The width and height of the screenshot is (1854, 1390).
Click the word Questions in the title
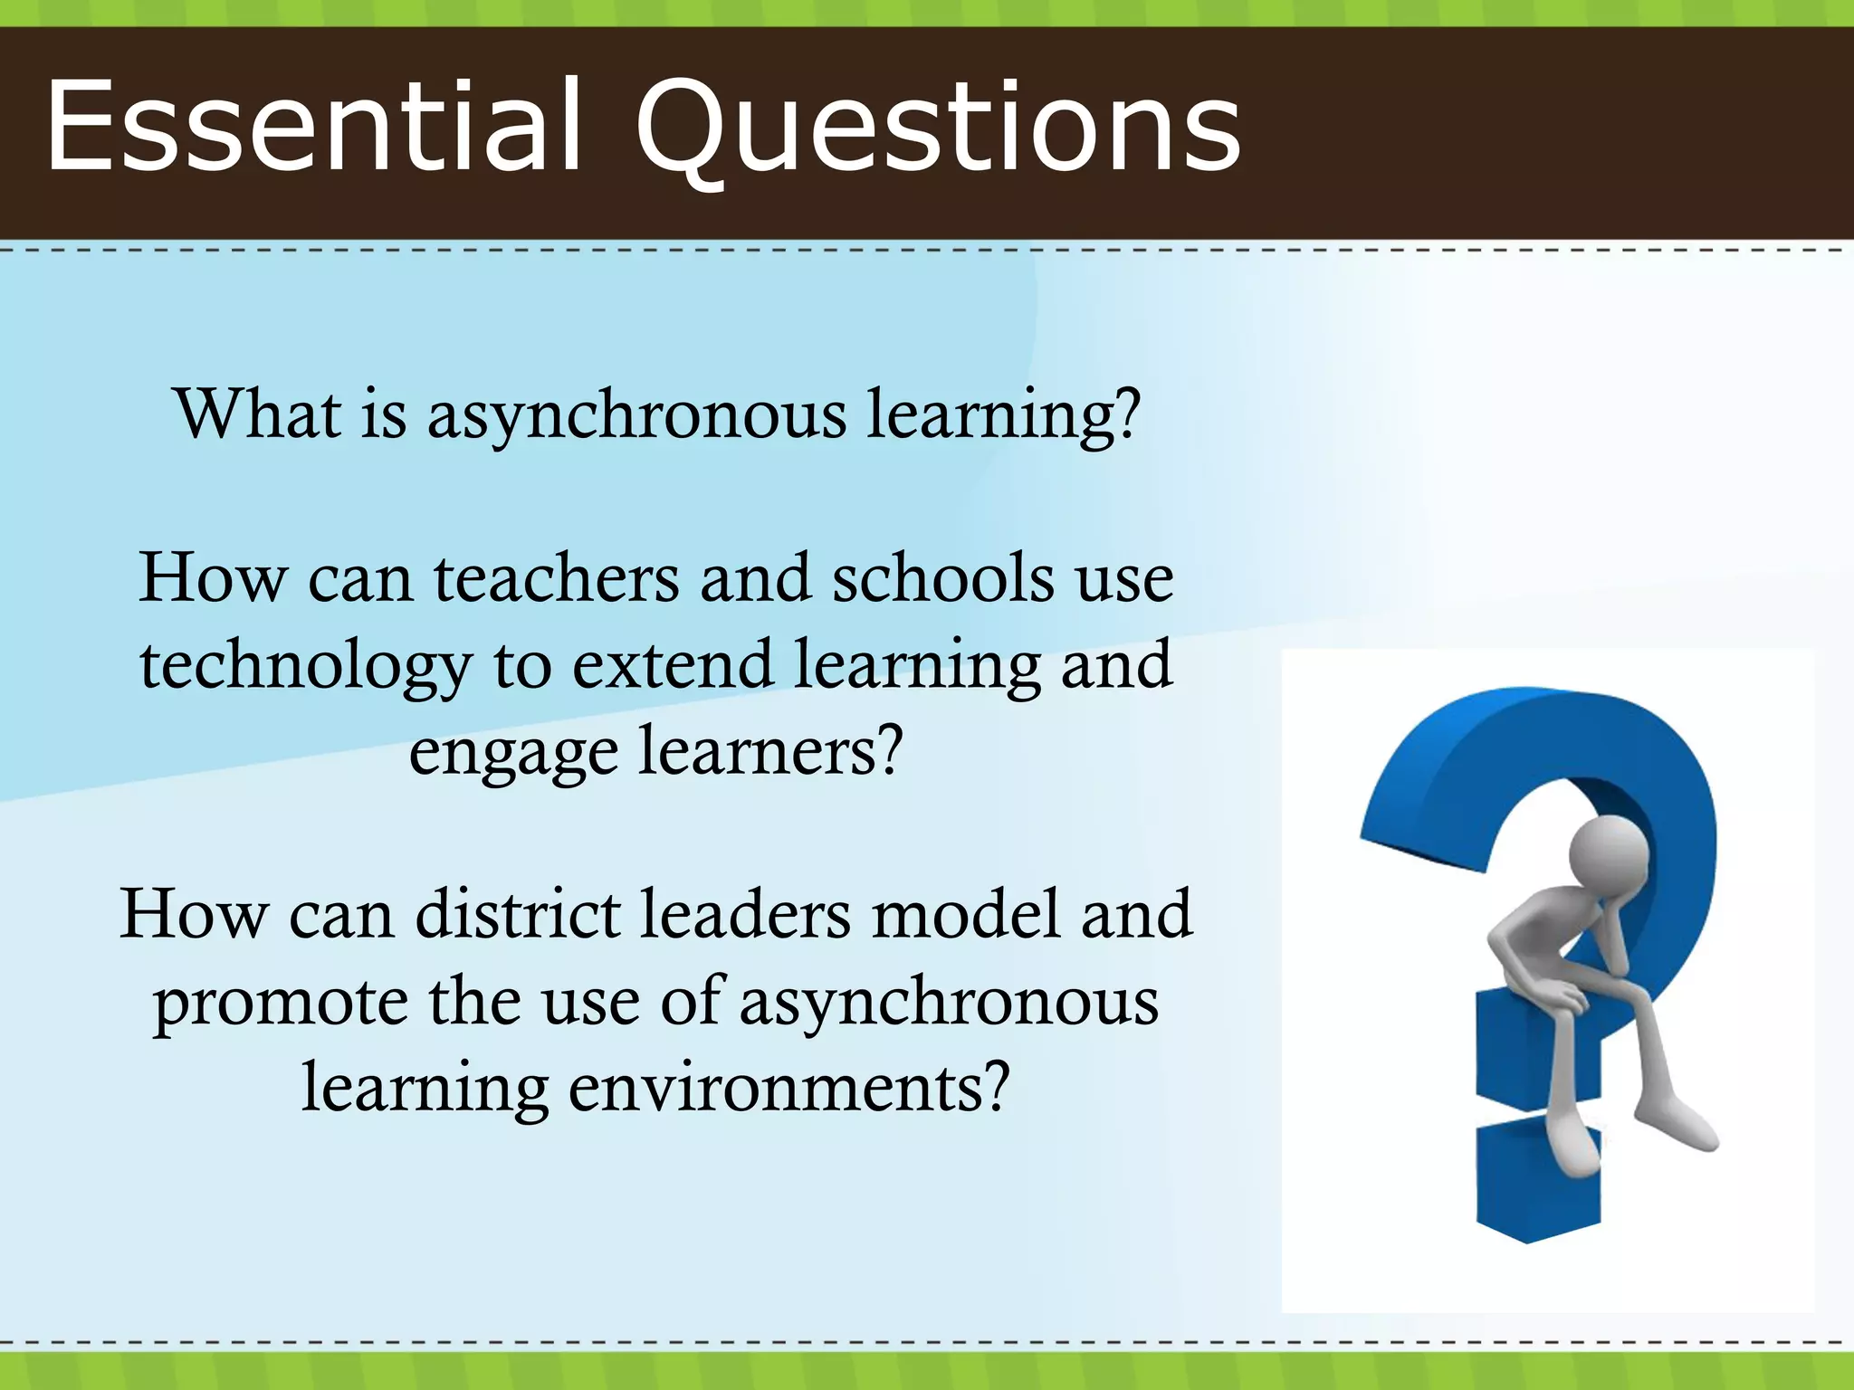[x=938, y=127]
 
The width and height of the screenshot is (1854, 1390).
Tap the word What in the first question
[x=259, y=414]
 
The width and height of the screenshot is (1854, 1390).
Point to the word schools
[x=942, y=579]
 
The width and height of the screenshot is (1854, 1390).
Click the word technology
[x=306, y=666]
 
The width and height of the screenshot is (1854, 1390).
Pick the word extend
[x=673, y=664]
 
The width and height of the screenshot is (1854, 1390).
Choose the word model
[x=965, y=914]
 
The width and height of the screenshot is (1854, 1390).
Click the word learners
[x=770, y=751]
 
